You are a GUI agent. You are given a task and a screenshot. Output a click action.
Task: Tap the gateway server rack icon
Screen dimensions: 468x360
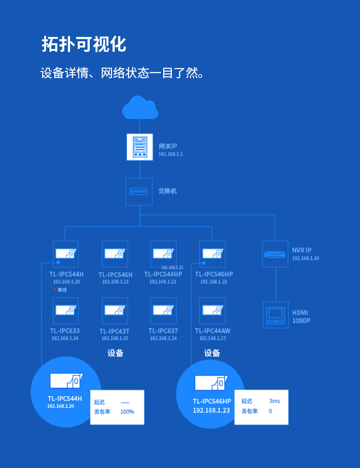click(x=140, y=146)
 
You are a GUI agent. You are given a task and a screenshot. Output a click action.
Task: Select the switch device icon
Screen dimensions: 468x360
click(x=139, y=191)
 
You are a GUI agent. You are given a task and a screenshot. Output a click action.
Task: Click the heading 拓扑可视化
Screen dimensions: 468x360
click(x=84, y=44)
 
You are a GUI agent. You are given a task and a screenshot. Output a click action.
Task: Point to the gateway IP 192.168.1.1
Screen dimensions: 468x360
click(x=170, y=155)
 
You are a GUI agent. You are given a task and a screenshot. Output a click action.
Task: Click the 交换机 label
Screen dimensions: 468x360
click(x=168, y=191)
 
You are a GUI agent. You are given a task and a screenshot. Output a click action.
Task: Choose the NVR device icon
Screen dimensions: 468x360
click(x=276, y=254)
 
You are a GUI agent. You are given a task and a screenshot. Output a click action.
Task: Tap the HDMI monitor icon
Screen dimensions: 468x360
click(x=276, y=315)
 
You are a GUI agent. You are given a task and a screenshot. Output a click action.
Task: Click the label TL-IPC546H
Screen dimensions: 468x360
click(x=115, y=275)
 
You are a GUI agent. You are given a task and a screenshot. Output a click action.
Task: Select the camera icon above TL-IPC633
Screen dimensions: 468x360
click(x=66, y=310)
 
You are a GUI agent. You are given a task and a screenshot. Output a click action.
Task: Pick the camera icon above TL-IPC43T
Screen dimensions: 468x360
click(x=115, y=310)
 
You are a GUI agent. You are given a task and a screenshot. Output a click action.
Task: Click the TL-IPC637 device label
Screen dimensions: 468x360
click(x=163, y=331)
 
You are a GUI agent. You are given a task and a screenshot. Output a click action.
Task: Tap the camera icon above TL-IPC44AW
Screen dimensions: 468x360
click(x=212, y=310)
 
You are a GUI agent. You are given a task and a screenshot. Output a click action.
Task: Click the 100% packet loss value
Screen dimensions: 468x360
click(x=127, y=412)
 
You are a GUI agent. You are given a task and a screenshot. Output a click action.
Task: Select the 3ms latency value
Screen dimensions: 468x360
click(x=275, y=401)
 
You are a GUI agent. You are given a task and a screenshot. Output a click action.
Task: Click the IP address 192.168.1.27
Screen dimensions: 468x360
click(x=213, y=338)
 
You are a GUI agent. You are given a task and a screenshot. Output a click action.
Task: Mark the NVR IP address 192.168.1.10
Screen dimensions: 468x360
click(x=305, y=258)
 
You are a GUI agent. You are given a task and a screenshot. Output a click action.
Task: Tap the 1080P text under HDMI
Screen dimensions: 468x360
click(x=301, y=321)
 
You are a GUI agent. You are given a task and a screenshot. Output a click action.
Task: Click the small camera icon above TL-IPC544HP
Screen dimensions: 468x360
click(x=163, y=253)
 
